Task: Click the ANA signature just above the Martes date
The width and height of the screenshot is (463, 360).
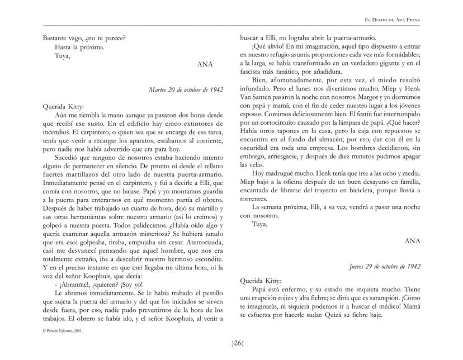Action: (x=205, y=64)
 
